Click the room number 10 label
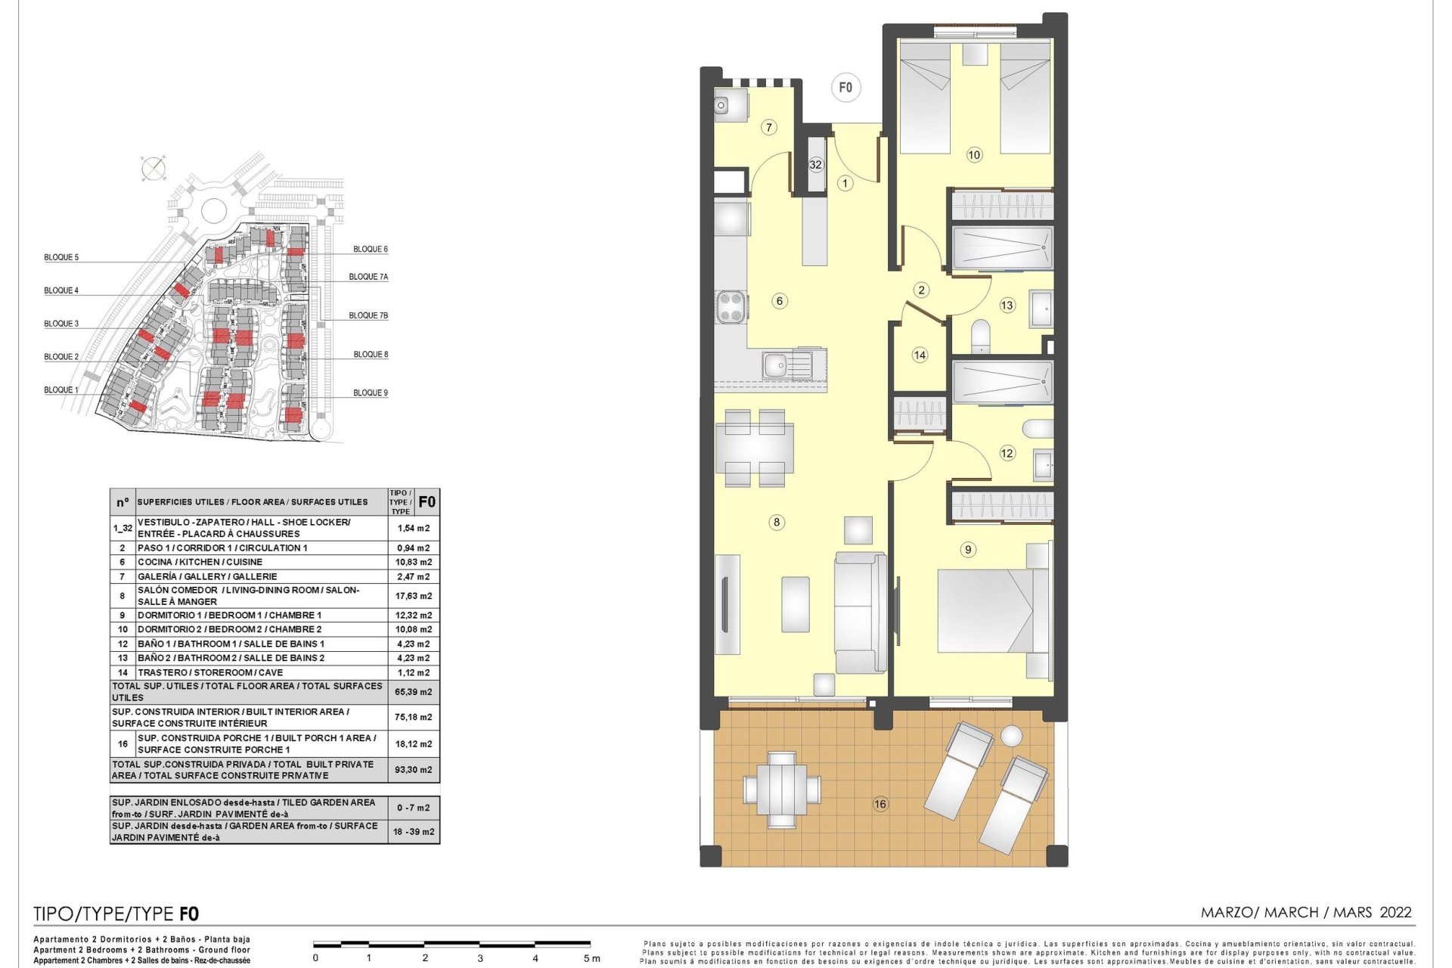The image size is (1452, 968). (974, 155)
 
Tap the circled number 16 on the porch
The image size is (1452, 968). (880, 804)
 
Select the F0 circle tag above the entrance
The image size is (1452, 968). (845, 88)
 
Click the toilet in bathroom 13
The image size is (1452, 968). (980, 334)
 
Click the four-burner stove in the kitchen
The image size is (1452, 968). (731, 307)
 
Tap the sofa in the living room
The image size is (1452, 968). (861, 613)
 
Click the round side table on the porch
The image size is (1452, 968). (1011, 735)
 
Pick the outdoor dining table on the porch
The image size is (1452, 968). (782, 789)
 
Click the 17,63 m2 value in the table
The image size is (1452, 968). (414, 596)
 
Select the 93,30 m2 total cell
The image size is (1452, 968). (414, 770)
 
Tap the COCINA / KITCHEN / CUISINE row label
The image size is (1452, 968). (200, 562)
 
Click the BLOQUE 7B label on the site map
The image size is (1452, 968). (368, 315)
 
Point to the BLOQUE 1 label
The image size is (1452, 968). (61, 390)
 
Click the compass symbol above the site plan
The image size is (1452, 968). (153, 168)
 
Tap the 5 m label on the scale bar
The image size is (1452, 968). (592, 958)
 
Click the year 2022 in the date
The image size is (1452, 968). (1395, 912)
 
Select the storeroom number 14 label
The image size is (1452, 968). (920, 355)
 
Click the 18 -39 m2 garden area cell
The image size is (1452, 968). (414, 832)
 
